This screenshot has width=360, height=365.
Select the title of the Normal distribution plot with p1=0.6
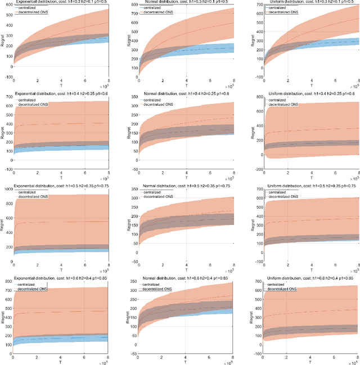click(x=181, y=93)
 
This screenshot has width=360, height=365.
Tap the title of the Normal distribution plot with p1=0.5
click(x=181, y=2)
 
